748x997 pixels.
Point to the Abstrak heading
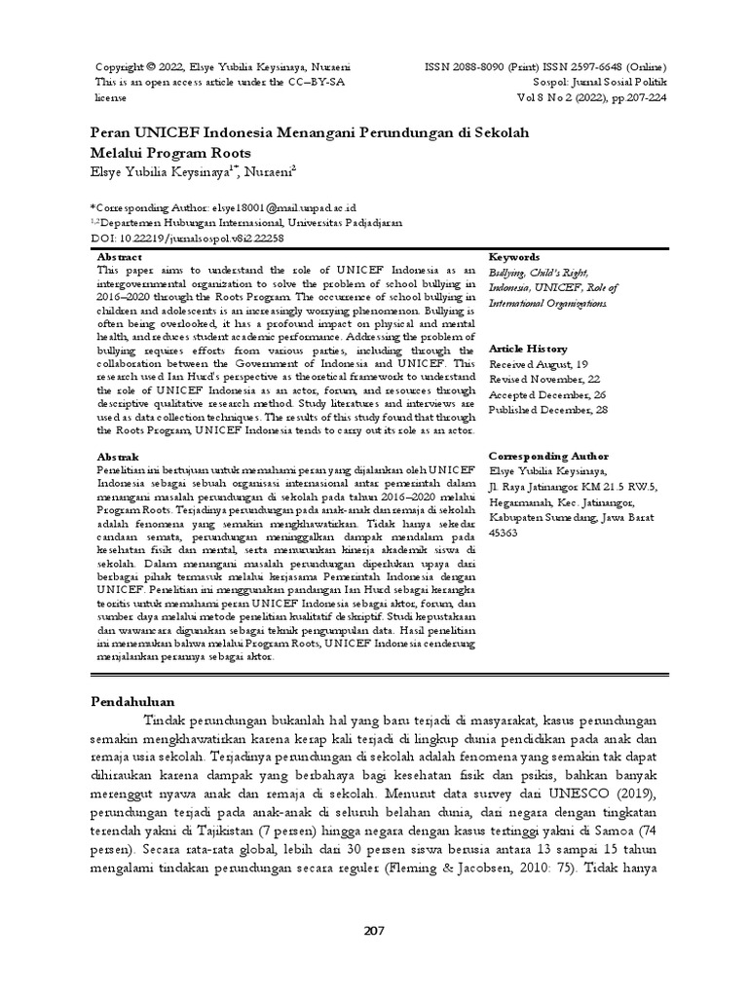tap(119, 456)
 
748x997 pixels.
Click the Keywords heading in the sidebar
tap(513, 256)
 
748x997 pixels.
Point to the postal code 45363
tap(503, 533)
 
